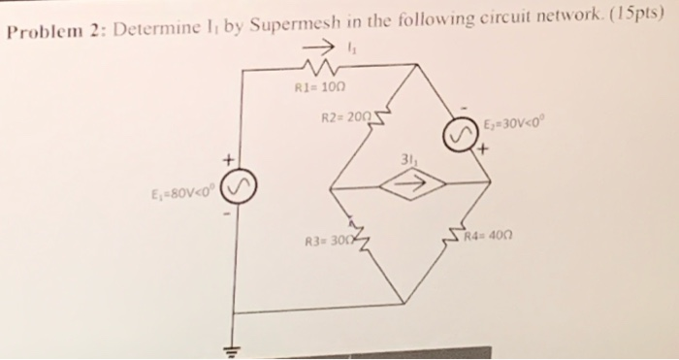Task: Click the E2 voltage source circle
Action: (x=460, y=135)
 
